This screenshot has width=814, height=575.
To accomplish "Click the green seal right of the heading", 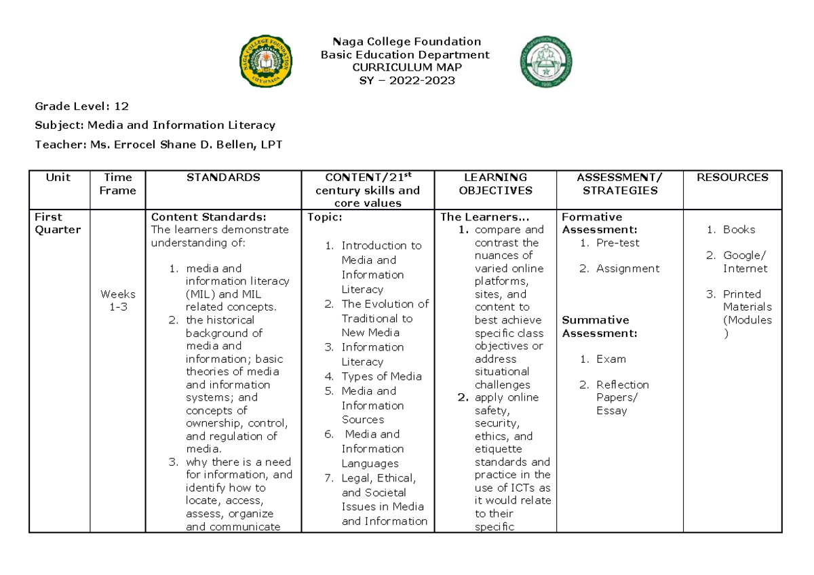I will [546, 66].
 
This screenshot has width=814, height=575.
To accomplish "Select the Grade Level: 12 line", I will [82, 106].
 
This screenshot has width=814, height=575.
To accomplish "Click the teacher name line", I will [159, 144].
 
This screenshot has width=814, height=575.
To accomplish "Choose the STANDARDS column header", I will [224, 178].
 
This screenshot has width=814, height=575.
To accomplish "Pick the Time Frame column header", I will [117, 184].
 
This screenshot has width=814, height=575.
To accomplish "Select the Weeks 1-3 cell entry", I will [117, 300].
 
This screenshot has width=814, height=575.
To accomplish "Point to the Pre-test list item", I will [617, 243].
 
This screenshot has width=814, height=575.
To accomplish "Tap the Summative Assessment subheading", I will [599, 326].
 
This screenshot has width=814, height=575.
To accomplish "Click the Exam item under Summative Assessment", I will [610, 359].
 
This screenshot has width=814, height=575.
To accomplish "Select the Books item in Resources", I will [739, 230].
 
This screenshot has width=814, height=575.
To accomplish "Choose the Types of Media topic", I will [381, 376].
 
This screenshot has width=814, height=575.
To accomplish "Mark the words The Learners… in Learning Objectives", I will [484, 217].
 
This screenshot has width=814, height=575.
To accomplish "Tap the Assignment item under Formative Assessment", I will [627, 269].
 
